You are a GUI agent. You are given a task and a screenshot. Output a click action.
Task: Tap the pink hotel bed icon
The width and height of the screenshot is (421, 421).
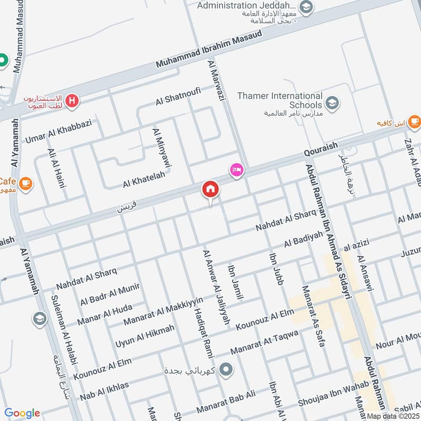point(236,170)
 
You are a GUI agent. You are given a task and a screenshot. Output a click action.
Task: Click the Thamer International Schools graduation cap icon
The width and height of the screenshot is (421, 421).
point(332,103)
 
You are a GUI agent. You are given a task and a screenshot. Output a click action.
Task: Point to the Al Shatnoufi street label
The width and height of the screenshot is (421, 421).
point(178,96)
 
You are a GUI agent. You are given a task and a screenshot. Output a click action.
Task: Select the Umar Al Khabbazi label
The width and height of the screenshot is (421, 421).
point(58,132)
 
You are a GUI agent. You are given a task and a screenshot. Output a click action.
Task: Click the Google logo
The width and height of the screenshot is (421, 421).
point(22,413)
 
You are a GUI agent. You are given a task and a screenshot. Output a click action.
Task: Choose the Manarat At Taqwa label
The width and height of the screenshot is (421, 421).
point(264,343)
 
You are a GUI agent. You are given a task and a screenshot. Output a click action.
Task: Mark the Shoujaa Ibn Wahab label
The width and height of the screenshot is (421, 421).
point(325,400)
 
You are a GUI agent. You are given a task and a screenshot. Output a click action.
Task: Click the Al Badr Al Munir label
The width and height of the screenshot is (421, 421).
point(110,295)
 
